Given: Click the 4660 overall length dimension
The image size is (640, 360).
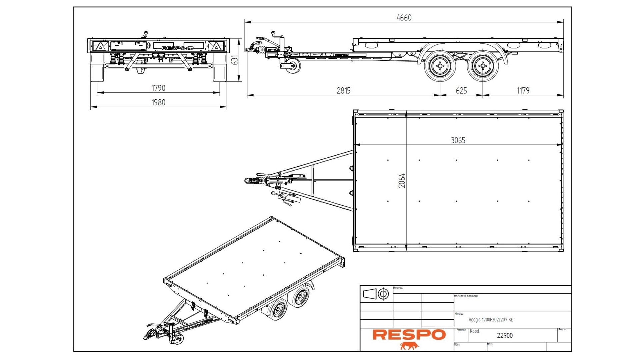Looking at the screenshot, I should tap(404, 18).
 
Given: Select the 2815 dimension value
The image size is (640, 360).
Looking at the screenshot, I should tap(343, 91).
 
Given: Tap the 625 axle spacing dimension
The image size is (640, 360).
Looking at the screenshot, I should tap(461, 91).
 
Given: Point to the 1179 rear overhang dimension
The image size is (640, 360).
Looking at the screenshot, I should tap(523, 91).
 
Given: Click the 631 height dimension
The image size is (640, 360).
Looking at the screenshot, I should tap(235, 60).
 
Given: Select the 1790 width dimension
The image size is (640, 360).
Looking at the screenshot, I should tap(158, 88).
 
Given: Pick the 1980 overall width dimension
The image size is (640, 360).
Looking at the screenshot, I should tap(158, 102).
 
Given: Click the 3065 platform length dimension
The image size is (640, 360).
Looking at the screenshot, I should tap(458, 140).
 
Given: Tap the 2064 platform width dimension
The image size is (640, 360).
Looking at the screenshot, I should tap(402, 180).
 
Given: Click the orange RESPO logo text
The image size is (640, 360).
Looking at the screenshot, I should tap(409, 335).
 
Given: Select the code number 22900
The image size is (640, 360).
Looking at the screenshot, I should tap(505, 336).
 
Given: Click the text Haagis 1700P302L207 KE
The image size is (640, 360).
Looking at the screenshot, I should tap(491, 320).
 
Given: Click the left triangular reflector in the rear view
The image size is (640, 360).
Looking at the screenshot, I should tap(99, 46).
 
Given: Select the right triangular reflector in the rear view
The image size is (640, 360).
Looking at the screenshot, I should tap(216, 46).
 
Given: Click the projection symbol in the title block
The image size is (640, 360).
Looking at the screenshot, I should tap(376, 294).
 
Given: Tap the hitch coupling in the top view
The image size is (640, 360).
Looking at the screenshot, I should tap(249, 181).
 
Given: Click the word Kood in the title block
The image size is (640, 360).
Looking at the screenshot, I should tap(475, 331).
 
